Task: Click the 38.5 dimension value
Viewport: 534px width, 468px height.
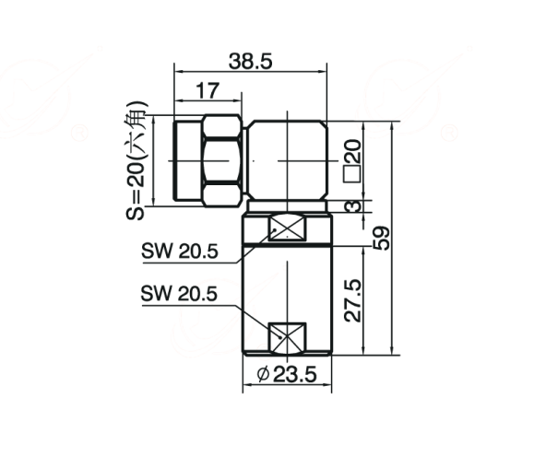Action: coord(250,62)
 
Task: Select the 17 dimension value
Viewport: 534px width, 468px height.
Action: coord(208,91)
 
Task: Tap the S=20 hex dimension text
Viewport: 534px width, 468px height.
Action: coord(136,160)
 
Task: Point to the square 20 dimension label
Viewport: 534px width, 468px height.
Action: coord(352,161)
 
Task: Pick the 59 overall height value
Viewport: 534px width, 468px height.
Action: coord(381,238)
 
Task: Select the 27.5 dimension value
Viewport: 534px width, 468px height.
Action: coord(352,300)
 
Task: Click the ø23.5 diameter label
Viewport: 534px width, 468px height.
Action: coord(287,374)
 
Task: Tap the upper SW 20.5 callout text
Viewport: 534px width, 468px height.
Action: coord(180,252)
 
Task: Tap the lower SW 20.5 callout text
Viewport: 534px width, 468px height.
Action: coord(179,294)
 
